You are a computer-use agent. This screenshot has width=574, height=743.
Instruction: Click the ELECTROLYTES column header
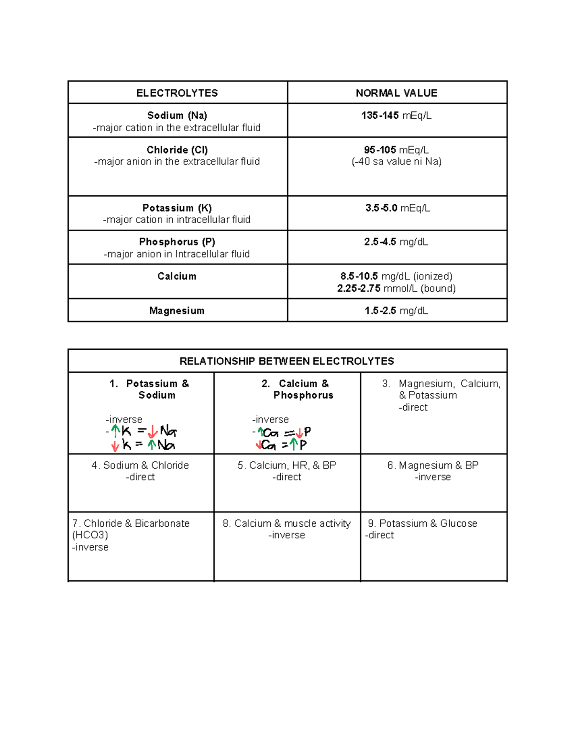pos(177,93)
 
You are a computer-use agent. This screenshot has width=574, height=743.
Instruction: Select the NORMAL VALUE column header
pos(397,93)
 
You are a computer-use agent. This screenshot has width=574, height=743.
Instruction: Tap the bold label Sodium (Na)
pos(177,115)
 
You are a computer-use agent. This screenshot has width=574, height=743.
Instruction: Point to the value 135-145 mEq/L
pos(397,115)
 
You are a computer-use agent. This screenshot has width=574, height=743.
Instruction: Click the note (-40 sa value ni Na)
pos(397,162)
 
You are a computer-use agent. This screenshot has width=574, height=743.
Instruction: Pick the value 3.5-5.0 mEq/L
pos(397,208)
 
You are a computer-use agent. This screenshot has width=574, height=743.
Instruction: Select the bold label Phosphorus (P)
pos(177,242)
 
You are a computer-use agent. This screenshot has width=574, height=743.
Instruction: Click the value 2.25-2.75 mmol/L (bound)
pos(397,288)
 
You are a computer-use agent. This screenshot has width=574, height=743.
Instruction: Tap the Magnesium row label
pos(177,311)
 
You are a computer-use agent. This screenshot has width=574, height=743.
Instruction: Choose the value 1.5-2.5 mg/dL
pos(397,311)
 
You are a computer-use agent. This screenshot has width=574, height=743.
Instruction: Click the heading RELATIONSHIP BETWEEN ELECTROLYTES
pos(287,361)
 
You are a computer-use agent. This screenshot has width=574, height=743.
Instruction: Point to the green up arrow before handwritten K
pos(115,431)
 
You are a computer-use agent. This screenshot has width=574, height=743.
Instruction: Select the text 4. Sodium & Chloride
pos(140,465)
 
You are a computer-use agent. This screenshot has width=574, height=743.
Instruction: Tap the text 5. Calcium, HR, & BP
pos(287,465)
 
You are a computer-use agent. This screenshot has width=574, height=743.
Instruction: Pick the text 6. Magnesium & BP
pos(433,465)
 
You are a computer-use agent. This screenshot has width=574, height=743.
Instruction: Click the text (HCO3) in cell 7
pos(90,535)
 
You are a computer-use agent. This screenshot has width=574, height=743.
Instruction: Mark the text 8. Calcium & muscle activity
pos(287,523)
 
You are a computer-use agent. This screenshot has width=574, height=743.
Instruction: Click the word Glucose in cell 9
pos(459,523)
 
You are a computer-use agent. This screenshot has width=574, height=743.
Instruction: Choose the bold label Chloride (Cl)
pos(177,150)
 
